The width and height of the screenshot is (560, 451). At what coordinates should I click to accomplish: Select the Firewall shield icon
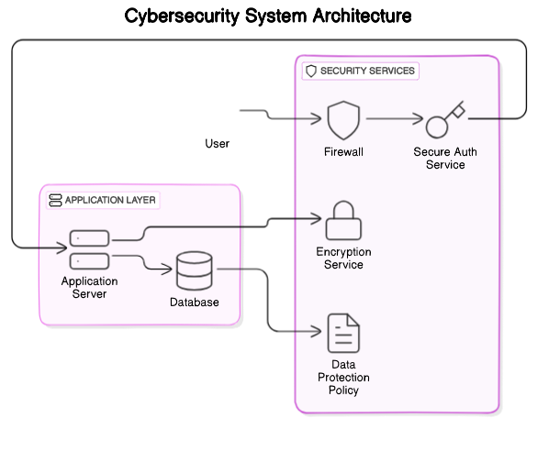coord(344,120)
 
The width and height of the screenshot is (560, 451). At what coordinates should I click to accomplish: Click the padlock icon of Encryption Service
coord(344,221)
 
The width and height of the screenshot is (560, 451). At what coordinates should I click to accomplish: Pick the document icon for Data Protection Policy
coord(344,334)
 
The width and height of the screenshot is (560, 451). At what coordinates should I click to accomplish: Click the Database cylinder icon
coord(194,270)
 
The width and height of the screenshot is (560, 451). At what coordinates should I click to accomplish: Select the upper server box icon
coord(89,238)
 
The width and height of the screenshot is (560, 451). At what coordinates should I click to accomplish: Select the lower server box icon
coord(89,260)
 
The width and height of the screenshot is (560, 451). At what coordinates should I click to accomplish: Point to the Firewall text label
coord(344,152)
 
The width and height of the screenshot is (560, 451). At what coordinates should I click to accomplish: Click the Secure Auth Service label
coord(445,159)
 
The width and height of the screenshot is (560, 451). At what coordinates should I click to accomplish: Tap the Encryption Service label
coord(344,258)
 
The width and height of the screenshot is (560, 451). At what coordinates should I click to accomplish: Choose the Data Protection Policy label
coord(344,378)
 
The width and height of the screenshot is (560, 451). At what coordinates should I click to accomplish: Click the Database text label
coord(195,302)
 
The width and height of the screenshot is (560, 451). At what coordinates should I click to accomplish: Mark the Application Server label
coord(90,287)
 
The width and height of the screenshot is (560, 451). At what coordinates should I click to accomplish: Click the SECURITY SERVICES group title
coord(367,71)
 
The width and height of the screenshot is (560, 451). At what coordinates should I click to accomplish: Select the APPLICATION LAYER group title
coord(110,200)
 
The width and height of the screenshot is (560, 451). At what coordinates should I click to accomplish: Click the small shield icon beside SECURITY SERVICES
coord(311,71)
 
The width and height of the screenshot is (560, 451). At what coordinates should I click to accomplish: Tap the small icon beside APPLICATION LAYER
coord(55,200)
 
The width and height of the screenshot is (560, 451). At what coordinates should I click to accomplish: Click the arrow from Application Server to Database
coord(147,266)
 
